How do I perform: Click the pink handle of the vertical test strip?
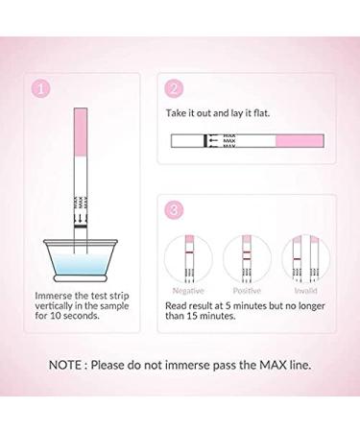point(81,124)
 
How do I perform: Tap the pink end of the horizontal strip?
point(301,141)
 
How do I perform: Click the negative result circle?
point(188,256)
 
